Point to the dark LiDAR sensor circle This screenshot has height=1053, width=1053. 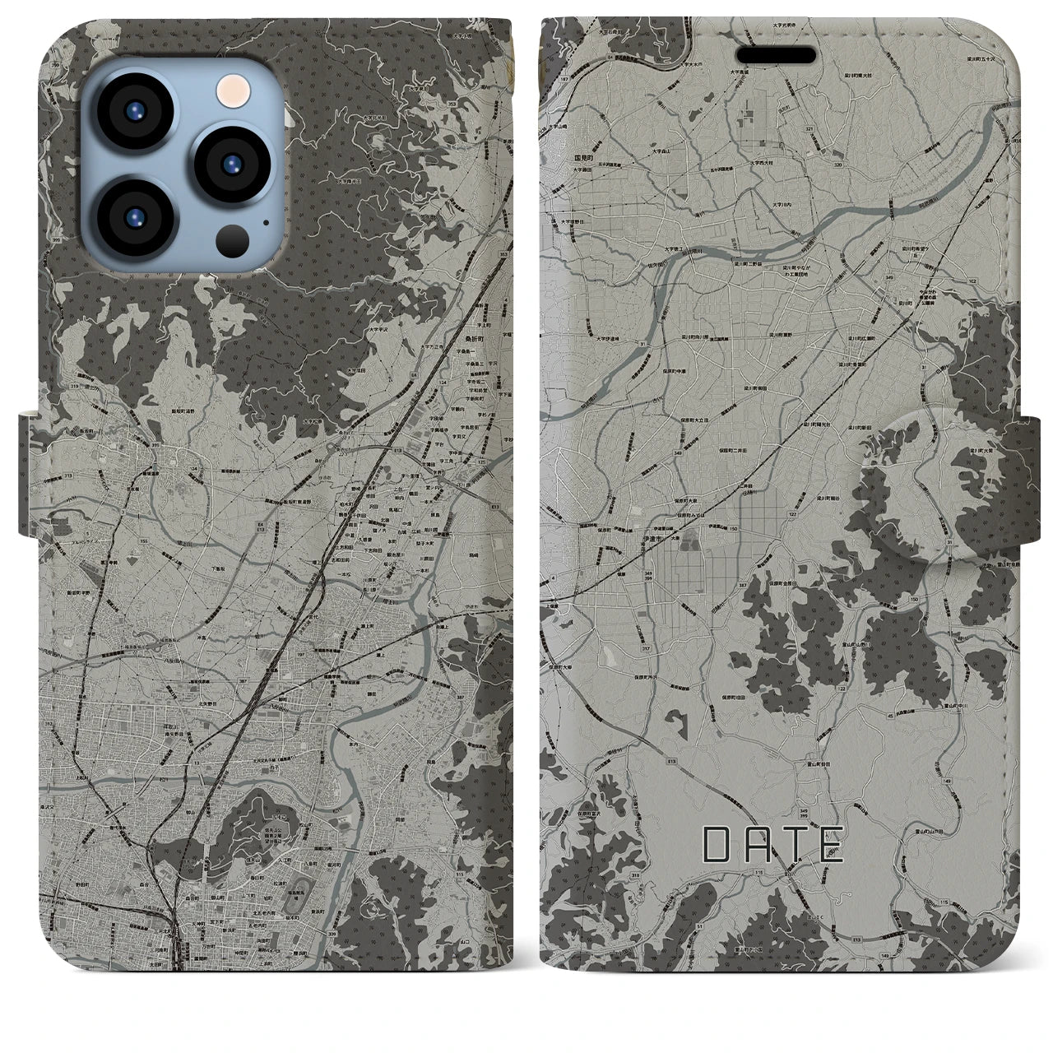point(230,242)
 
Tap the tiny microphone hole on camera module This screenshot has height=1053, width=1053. point(265,221)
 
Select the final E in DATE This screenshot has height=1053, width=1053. point(830,845)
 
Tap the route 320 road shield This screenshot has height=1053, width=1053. point(838,165)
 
